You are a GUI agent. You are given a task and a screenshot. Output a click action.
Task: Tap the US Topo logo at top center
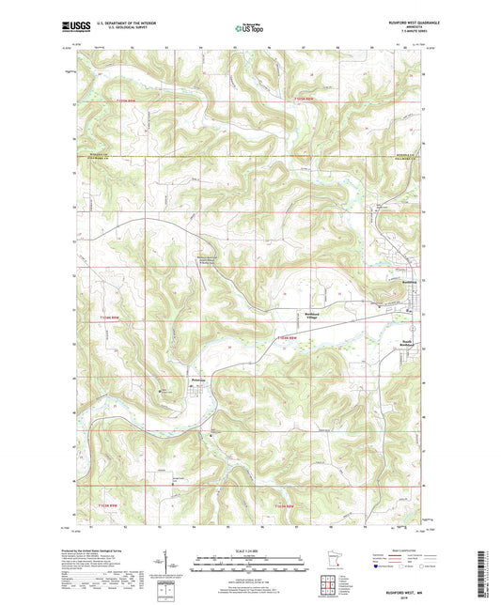click(249, 29)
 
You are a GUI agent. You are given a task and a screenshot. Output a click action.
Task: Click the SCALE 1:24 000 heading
click(249, 538)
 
